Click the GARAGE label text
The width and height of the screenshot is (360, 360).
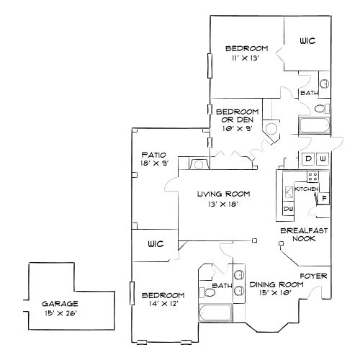click(x=59, y=304)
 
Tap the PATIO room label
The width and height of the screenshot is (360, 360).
click(x=154, y=154)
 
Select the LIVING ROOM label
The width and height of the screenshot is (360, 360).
click(x=224, y=194)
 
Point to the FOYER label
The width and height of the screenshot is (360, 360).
click(x=314, y=276)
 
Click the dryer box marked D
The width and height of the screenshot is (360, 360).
click(x=308, y=158)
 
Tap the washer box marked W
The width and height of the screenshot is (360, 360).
click(x=323, y=158)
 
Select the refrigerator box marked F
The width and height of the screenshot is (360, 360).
click(x=323, y=197)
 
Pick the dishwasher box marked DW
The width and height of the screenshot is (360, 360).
click(x=288, y=210)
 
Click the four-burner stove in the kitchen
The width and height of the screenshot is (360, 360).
click(x=313, y=176)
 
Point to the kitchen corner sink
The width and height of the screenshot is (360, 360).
click(x=289, y=191)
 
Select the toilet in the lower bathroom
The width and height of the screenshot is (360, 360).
click(x=208, y=290)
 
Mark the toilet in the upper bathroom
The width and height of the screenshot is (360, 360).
click(x=323, y=108)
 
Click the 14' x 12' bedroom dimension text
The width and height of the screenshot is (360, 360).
click(x=163, y=304)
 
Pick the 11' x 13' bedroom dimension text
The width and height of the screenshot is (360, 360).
click(x=246, y=58)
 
